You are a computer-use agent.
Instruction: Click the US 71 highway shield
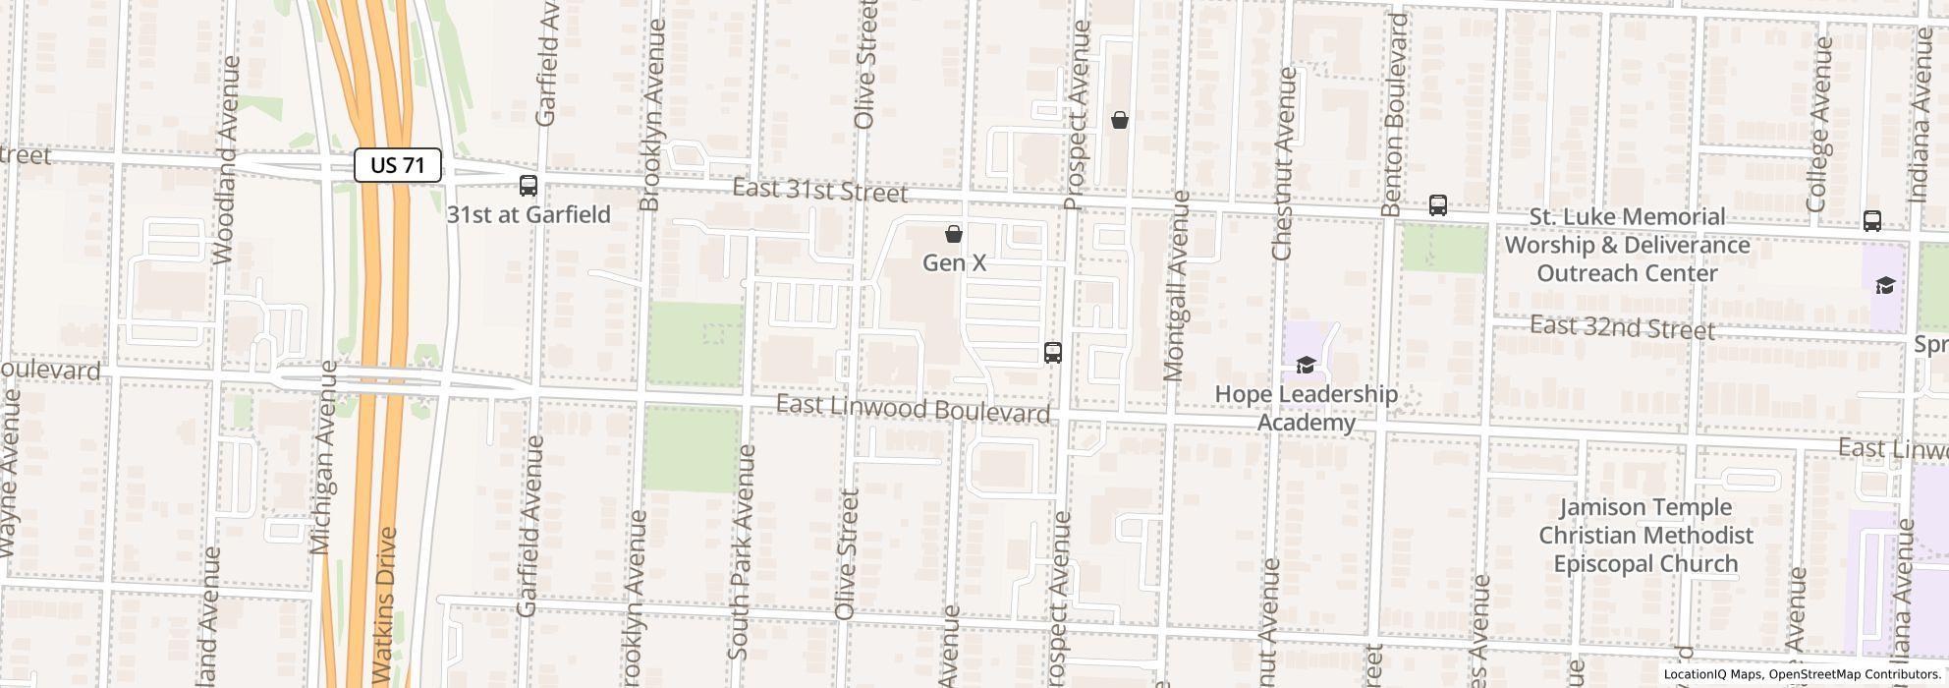point(398,165)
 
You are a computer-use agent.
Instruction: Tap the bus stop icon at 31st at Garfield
point(529,185)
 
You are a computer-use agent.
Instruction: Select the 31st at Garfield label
point(529,214)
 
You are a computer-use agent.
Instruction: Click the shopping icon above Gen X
point(953,234)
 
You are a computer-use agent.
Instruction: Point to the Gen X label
point(954,262)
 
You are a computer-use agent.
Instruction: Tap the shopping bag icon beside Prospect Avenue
point(1119,120)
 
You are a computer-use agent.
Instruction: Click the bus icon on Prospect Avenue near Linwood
point(1053,352)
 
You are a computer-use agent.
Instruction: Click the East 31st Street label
point(820,190)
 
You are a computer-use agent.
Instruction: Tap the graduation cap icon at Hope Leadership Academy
point(1305,365)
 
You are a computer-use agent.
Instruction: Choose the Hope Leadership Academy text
point(1307,407)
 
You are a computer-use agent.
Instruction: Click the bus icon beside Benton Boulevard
point(1438,205)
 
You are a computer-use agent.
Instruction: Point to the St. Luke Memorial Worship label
point(1627,245)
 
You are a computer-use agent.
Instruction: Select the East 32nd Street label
point(1623,326)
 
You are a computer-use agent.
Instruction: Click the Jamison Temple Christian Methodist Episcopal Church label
point(1645,536)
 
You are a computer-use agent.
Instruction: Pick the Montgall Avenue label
point(1176,286)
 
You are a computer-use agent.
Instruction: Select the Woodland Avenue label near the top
point(225,159)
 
